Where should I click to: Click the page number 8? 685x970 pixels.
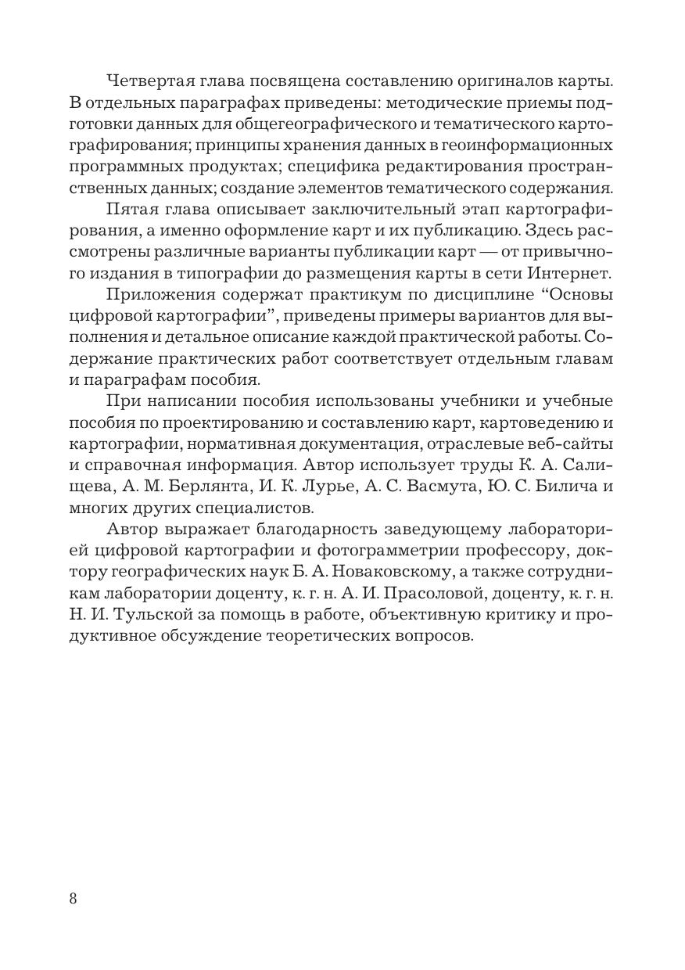click(73, 897)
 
